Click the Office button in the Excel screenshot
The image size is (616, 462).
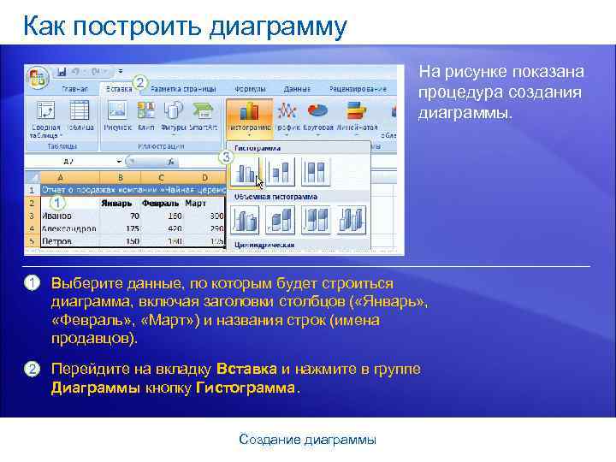[38, 75]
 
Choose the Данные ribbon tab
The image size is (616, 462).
[297, 88]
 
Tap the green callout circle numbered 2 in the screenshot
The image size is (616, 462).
[140, 82]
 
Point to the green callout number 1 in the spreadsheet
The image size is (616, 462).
[57, 203]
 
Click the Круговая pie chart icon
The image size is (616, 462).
[318, 115]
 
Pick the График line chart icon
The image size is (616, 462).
[288, 115]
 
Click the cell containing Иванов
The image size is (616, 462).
[56, 217]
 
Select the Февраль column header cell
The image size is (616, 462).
[161, 204]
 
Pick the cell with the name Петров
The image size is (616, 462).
[56, 242]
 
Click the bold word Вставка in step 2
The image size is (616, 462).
[246, 369]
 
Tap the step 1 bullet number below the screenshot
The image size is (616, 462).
[32, 283]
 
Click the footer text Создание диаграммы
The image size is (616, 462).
[307, 440]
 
